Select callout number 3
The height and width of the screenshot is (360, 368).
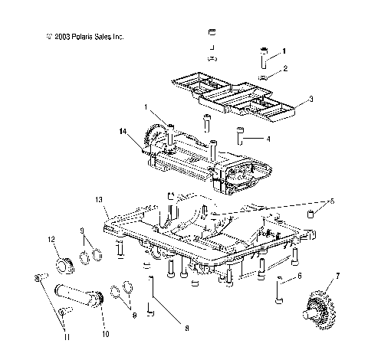tap(310, 99)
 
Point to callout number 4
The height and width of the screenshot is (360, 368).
tap(268, 139)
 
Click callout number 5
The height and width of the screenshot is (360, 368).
tap(332, 201)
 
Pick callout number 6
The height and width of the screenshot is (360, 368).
tap(299, 276)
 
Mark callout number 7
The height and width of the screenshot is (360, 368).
tap(337, 273)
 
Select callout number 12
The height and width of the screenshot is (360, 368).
tap(53, 239)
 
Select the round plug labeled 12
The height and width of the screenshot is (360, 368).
tap(61, 266)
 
